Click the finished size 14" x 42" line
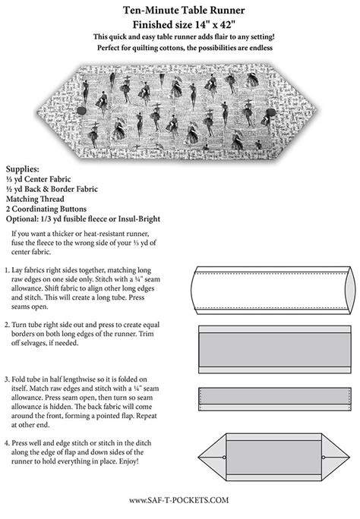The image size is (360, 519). [180, 24]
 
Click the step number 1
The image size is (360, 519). [6, 270]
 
